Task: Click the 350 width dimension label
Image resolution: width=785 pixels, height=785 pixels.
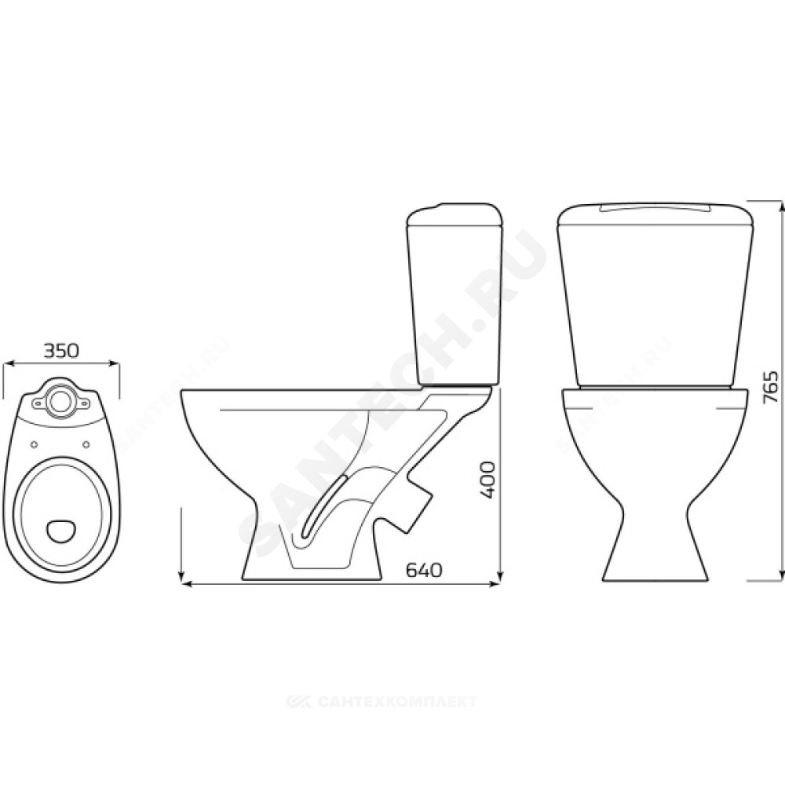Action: (61, 351)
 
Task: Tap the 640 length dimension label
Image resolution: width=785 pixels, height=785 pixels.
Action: (424, 570)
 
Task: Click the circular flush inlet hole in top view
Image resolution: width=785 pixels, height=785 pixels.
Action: (61, 400)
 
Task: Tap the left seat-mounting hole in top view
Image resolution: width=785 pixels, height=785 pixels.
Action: (35, 444)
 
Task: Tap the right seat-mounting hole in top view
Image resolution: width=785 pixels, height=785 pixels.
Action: (86, 444)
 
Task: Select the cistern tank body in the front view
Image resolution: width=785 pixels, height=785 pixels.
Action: (655, 295)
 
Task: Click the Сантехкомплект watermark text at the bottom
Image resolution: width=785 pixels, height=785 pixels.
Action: (382, 701)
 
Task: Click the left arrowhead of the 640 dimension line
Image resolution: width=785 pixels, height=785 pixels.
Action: (184, 583)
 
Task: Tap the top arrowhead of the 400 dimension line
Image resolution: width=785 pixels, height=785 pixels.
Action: (499, 391)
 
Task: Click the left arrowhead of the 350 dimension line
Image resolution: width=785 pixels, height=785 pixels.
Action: (9, 364)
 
